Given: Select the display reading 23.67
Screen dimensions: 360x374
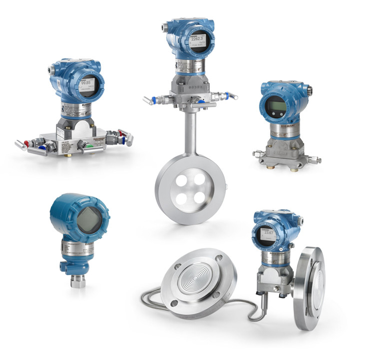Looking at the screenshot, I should pos(269,234).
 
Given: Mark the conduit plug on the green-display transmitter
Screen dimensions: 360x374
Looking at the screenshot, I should pos(310,90).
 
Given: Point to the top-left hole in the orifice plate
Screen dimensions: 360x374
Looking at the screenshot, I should pos(181,179).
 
